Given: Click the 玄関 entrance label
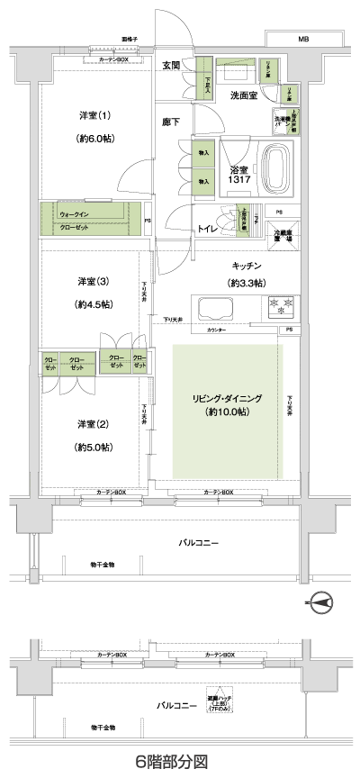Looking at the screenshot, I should (172, 65).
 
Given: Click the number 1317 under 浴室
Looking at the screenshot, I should (238, 180).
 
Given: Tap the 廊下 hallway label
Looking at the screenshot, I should (171, 121).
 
